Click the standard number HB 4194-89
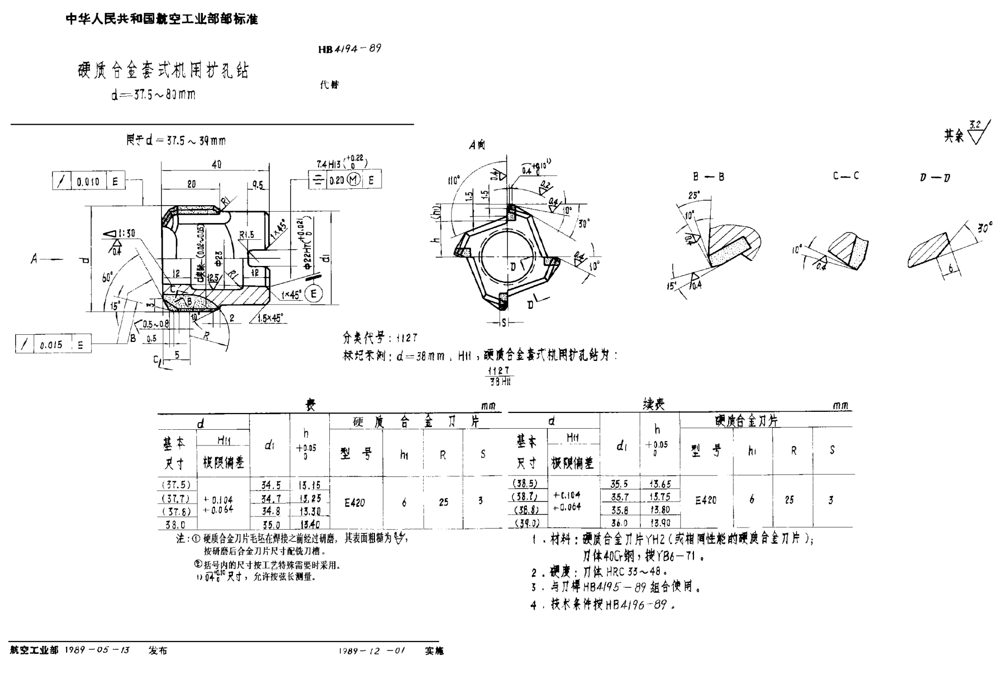[349, 49]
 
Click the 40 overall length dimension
[216, 164]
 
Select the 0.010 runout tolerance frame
[88, 181]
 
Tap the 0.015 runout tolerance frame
[53, 345]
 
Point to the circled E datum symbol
[314, 294]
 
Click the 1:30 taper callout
[124, 233]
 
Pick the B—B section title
[709, 177]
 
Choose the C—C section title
[846, 176]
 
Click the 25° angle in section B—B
[694, 195]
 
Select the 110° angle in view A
[454, 180]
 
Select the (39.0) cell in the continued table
[527, 523]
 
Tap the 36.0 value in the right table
[619, 523]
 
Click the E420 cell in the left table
[355, 503]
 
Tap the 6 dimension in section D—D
[951, 268]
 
